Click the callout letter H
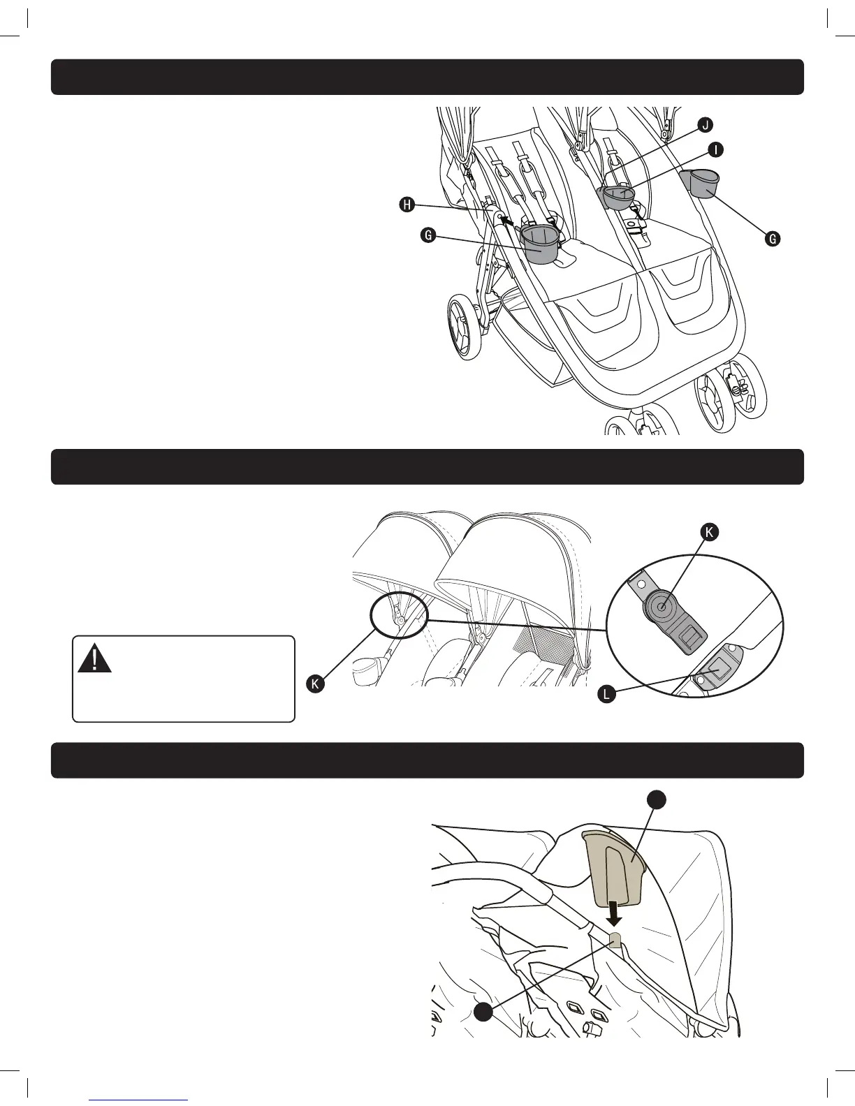[407, 205]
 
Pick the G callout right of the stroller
[773, 239]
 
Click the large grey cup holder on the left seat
[541, 244]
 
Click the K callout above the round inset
[709, 532]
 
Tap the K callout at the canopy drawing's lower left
[316, 684]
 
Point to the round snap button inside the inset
[660, 605]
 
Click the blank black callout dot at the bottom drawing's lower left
[483, 1012]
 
